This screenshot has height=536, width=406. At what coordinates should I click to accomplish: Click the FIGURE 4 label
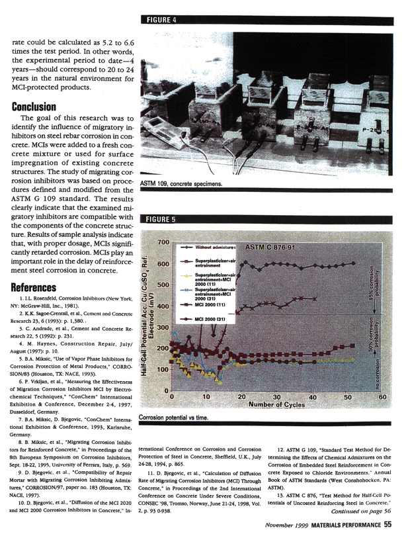click(161, 21)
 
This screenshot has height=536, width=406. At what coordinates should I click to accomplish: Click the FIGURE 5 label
click(161, 218)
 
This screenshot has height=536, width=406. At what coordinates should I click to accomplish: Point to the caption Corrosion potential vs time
click(178, 418)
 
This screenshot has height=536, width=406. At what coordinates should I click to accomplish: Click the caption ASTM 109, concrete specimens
click(185, 183)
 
